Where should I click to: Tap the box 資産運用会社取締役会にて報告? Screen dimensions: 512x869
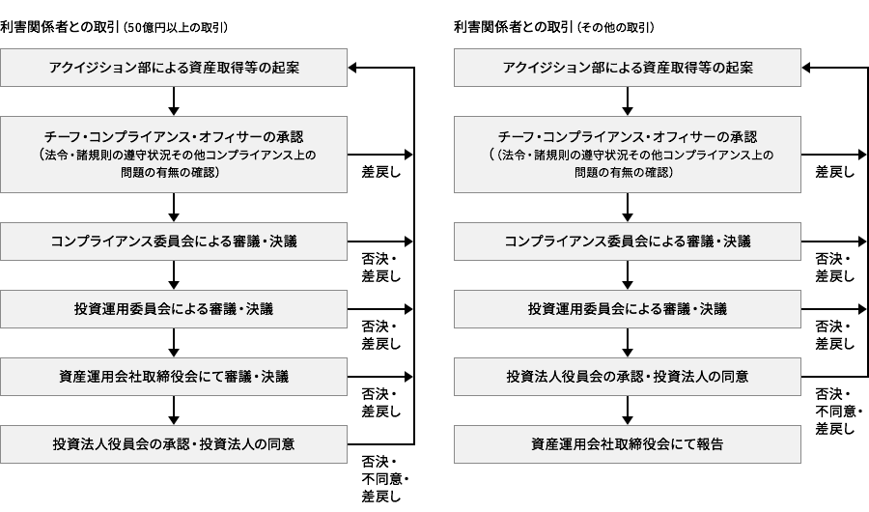(628, 444)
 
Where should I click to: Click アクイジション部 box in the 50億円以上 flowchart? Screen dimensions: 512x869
(174, 68)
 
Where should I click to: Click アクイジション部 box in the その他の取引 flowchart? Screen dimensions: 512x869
(628, 68)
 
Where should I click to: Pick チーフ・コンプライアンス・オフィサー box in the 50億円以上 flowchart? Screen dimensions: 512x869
(174, 155)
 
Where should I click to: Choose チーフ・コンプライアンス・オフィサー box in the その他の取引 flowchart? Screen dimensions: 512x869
(628, 155)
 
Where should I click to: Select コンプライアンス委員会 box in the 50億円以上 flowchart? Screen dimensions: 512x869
(174, 241)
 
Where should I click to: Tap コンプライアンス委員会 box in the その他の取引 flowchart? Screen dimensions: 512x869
(628, 241)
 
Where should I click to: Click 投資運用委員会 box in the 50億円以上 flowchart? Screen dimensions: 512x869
(174, 309)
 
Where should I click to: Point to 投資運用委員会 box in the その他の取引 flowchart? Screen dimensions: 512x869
(628, 309)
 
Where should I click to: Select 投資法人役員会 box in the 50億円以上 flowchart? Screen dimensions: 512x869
(174, 444)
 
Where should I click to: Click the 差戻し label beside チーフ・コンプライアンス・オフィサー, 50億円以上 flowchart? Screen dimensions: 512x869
(381, 172)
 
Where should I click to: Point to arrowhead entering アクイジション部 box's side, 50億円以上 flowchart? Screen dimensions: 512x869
(354, 68)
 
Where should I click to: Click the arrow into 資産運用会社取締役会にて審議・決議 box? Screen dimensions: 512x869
(174, 343)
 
